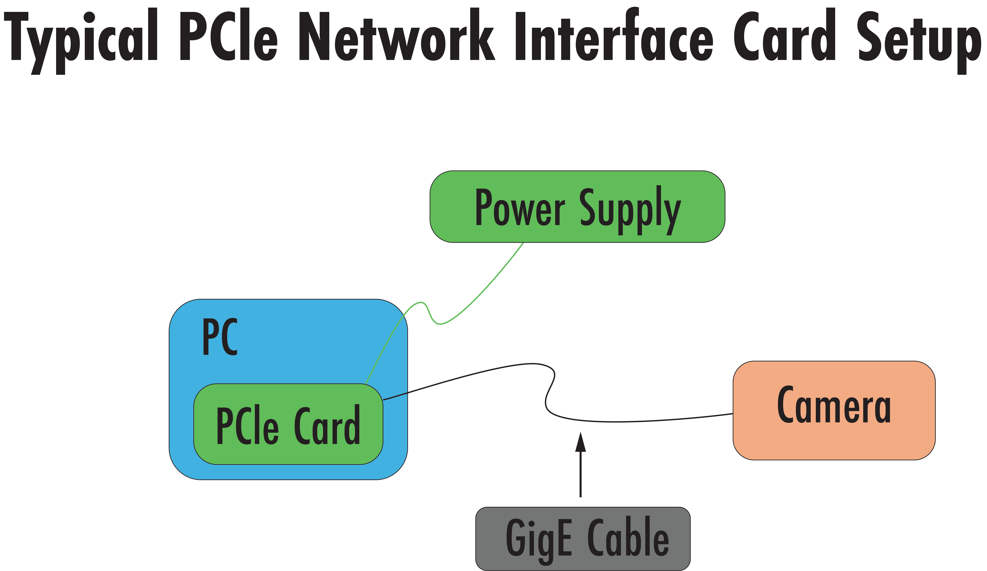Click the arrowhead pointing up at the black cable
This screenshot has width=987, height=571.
tap(580, 443)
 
